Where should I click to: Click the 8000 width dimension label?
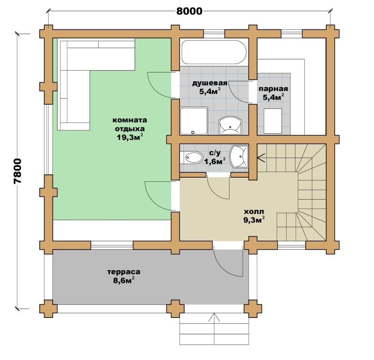click(x=189, y=11)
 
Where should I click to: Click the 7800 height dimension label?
click(x=18, y=171)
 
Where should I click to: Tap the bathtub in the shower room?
click(x=214, y=52)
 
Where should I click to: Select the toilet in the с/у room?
click(x=193, y=158)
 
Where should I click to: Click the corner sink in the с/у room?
click(x=239, y=157)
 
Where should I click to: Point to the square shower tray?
click(x=194, y=121)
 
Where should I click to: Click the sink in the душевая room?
click(x=230, y=125)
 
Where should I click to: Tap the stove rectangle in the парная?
click(x=273, y=121)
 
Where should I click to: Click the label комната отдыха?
click(x=130, y=124)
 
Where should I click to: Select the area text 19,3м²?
click(x=130, y=137)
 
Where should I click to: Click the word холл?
click(x=254, y=212)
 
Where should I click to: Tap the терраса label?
click(x=123, y=272)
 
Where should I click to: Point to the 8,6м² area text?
click(x=123, y=281)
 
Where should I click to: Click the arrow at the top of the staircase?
click(x=261, y=158)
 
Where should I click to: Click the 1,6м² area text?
click(x=215, y=161)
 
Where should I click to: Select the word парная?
click(x=273, y=89)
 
